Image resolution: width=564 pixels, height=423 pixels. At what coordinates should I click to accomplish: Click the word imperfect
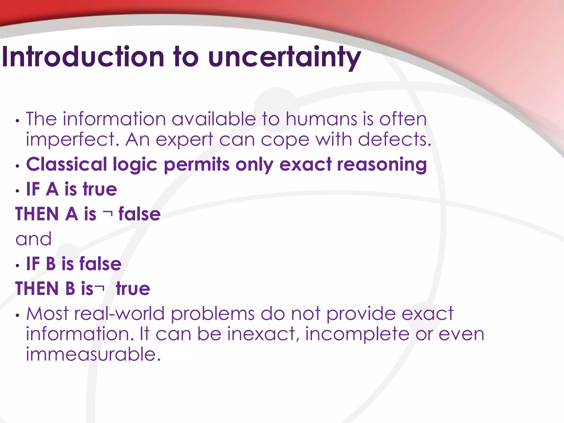pos(70,140)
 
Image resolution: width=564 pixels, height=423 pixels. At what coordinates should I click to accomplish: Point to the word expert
pos(184,140)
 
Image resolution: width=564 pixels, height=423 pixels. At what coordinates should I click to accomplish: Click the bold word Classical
pos(66,164)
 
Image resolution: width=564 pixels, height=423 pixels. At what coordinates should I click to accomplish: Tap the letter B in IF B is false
pos(51,264)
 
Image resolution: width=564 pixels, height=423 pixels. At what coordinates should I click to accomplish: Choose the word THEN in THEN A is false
pos(37,214)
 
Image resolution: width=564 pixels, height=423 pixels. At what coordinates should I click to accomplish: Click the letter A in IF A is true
pos(52,189)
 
